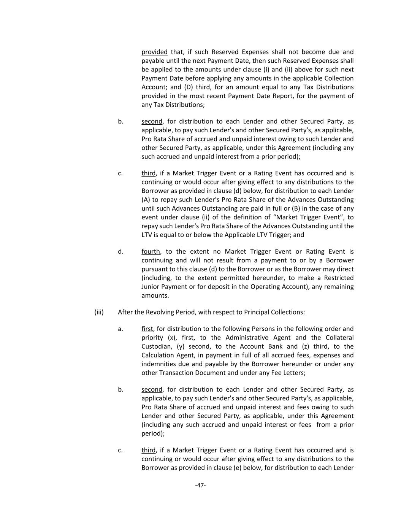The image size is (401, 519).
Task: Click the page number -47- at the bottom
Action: (x=200, y=485)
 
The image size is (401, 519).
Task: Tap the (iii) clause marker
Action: (x=99, y=312)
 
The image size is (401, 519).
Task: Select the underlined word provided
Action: (x=154, y=52)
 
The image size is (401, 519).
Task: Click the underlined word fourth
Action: (x=151, y=252)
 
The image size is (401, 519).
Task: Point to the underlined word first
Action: (x=147, y=329)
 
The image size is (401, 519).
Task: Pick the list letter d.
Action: (x=120, y=252)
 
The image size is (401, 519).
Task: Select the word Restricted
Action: (x=338, y=278)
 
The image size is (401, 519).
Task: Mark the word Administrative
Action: (x=258, y=338)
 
